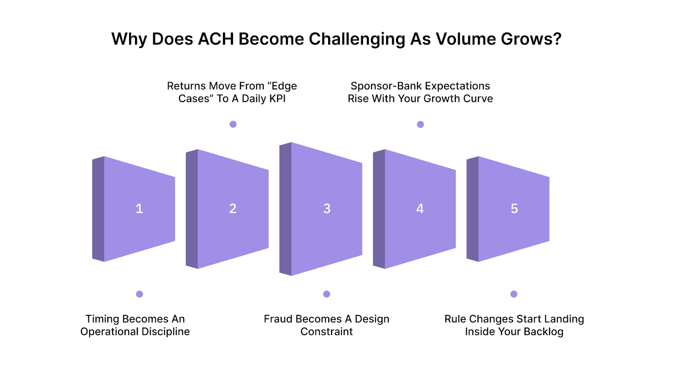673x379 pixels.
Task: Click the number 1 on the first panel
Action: [139, 208]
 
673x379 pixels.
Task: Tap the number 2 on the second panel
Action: [233, 208]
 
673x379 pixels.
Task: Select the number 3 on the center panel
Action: [327, 208]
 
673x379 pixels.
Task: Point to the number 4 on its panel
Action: [420, 208]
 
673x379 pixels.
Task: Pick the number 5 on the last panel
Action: [514, 208]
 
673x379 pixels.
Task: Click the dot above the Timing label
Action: [140, 294]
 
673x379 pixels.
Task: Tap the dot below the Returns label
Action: [233, 124]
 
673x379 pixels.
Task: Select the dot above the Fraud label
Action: [327, 294]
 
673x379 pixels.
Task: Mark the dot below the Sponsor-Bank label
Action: [420, 124]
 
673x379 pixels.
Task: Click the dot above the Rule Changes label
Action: [514, 294]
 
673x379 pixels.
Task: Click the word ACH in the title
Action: [215, 39]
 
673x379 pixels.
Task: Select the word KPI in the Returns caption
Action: [276, 99]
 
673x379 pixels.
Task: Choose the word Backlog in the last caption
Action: [543, 332]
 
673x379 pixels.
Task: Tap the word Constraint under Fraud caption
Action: [326, 332]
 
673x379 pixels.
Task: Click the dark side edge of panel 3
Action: [285, 209]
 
